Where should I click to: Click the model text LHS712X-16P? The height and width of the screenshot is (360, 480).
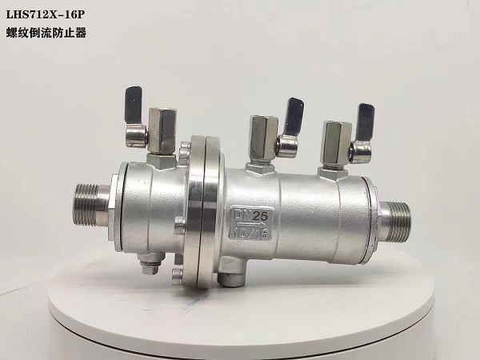[x=45, y=15]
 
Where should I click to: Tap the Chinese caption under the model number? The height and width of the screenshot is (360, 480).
[x=46, y=33]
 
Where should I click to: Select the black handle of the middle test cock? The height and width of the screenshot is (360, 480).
[x=294, y=115]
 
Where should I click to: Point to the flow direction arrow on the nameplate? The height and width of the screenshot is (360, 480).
[x=247, y=225]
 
